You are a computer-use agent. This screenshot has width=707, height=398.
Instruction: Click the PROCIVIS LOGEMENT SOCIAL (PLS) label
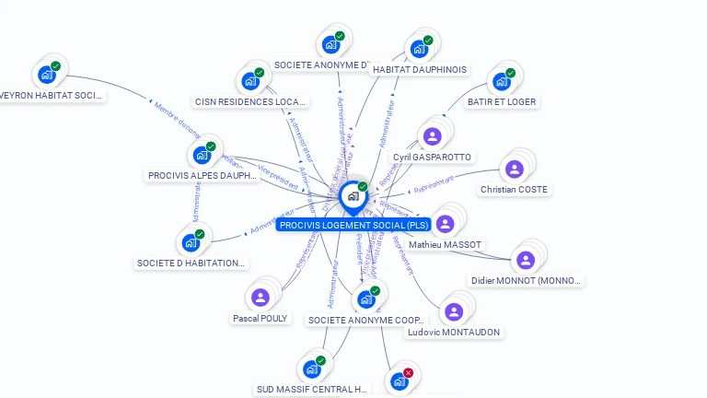(353, 225)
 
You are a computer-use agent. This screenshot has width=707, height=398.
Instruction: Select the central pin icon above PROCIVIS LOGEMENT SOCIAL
(353, 196)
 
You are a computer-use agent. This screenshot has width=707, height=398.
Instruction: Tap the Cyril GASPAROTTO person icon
(432, 137)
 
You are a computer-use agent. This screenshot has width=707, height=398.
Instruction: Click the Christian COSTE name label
(514, 190)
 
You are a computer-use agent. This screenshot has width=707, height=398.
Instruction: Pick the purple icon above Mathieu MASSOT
(445, 224)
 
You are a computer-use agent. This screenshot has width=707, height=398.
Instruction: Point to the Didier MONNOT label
(526, 280)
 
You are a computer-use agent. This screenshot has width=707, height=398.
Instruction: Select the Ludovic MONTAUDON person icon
(454, 311)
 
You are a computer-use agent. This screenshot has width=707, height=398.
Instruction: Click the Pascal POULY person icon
(261, 297)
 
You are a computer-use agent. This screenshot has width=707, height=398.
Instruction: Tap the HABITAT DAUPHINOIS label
(419, 69)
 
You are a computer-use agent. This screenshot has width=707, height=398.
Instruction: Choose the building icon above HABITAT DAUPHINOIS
(419, 49)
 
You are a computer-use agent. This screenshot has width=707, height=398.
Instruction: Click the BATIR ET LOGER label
(501, 101)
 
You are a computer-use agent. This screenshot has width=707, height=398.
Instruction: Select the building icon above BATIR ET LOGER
(502, 81)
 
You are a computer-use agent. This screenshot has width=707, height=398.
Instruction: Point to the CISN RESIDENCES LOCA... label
(250, 101)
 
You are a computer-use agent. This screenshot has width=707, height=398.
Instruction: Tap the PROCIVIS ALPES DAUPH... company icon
(202, 155)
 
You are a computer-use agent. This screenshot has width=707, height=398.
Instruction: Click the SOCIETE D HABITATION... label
(191, 263)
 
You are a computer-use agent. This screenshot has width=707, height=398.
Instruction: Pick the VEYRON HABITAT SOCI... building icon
(47, 75)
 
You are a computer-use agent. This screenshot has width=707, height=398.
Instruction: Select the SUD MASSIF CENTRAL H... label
(312, 389)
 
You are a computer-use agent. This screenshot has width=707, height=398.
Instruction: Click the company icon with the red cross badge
(400, 380)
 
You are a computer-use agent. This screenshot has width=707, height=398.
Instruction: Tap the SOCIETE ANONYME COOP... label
(367, 320)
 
